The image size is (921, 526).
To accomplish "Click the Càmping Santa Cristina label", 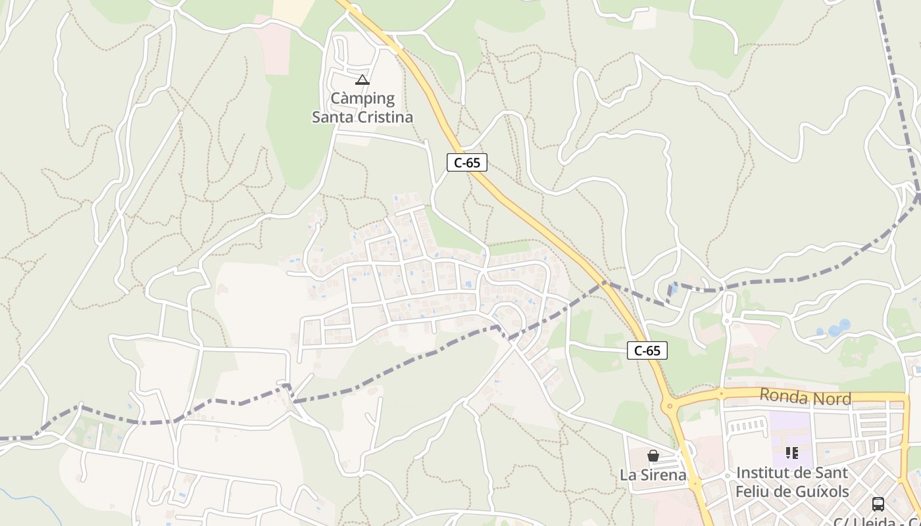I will click(362, 108).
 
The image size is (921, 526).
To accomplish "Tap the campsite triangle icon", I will click(362, 80).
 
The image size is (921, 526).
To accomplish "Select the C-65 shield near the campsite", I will click(467, 162).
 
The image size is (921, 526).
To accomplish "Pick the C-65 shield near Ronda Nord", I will click(647, 350).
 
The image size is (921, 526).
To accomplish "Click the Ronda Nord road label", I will click(805, 397).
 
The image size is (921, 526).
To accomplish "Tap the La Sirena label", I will click(653, 475).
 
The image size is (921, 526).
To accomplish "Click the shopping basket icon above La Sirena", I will click(653, 456).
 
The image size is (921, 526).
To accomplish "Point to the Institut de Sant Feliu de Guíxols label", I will click(792, 482).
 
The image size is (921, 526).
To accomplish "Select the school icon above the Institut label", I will click(792, 453).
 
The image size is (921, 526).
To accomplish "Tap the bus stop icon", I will click(878, 504).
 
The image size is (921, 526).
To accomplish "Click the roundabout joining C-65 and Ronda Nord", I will click(671, 405).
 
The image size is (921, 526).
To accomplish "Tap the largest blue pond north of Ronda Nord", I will click(844, 325).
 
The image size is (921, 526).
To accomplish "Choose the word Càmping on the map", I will click(362, 99).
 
